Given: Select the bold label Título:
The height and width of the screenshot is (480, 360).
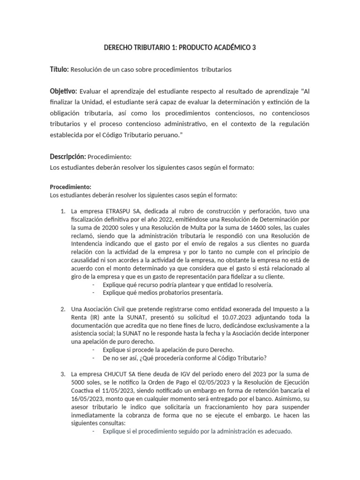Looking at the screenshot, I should point(59,69).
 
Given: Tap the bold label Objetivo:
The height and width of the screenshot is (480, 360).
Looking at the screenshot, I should point(64,90).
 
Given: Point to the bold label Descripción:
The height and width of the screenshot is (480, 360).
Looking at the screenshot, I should point(68,156).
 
